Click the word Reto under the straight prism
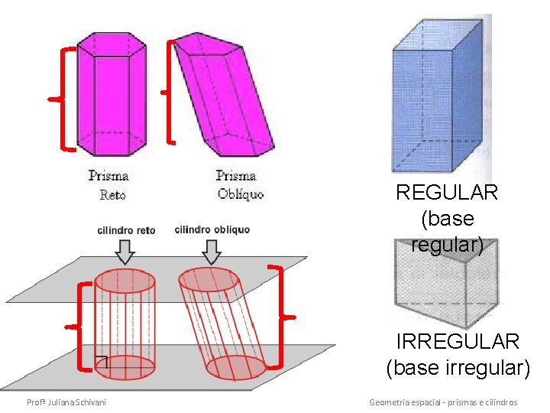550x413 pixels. (112, 195)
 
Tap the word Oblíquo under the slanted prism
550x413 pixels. (240, 194)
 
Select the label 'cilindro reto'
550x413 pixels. (126, 230)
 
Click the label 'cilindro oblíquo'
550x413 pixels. (212, 229)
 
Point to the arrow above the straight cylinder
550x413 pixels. (125, 251)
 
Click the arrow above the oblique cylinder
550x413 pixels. (212, 251)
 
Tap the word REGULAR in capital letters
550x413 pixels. (447, 193)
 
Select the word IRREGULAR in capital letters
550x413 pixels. (458, 341)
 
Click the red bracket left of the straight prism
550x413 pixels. (64, 98)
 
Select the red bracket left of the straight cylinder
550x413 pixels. (82, 327)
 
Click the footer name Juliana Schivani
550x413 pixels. (66, 402)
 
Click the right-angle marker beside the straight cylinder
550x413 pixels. (102, 363)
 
